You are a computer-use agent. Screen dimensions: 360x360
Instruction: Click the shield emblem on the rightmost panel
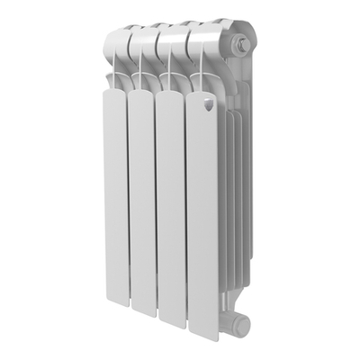click(x=208, y=105)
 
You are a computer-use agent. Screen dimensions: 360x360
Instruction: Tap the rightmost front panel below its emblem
click(x=203, y=216)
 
